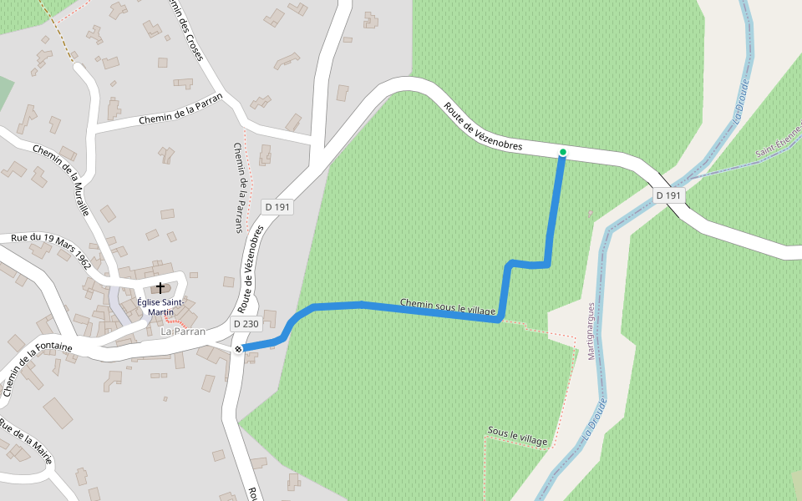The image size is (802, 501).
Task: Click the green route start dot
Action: point(563,152)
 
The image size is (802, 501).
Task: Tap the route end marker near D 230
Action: point(238,349)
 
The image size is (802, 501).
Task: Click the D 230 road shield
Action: point(247,324)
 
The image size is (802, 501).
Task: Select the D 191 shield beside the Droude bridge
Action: point(669,195)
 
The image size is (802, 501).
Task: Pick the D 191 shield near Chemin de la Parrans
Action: point(278,206)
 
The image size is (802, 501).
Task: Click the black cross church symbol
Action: point(160,287)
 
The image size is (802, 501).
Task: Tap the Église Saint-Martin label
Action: point(160,306)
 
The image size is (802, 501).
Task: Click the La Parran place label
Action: point(182,331)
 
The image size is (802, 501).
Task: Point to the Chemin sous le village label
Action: point(448,306)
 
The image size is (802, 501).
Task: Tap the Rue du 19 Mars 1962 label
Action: point(50,250)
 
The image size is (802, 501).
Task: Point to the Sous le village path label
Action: point(517,435)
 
